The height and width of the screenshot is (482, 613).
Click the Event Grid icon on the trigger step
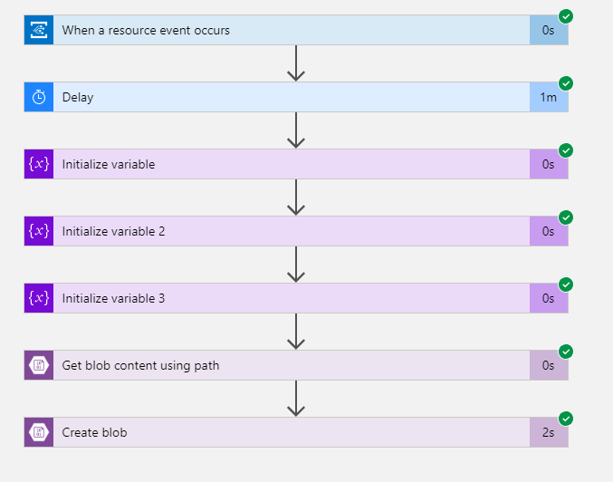pos(39,30)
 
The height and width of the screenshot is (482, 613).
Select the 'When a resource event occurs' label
pos(146,31)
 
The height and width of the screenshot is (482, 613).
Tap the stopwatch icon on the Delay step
pos(39,97)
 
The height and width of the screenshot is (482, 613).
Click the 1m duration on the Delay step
pos(548,97)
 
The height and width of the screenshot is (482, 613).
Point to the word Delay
pos(78,98)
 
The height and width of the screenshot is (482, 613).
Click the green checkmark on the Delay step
pos(566,83)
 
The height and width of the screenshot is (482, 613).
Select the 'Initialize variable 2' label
pos(113,231)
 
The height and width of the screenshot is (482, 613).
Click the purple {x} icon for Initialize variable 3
pos(39,298)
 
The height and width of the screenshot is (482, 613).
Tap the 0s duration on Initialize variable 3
pos(548,298)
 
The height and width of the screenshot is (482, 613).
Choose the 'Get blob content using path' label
pos(140,365)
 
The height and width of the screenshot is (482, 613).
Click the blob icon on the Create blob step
pos(39,432)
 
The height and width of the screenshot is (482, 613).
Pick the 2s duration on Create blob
pos(548,432)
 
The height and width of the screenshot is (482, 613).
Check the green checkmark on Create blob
pos(566,419)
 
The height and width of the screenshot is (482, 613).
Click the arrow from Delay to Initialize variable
pos(296,130)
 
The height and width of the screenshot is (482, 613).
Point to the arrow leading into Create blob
pos(296,399)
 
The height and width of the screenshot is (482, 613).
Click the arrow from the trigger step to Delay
pos(296,63)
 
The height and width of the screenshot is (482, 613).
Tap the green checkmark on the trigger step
pos(566,16)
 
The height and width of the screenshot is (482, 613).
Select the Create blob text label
pos(94,432)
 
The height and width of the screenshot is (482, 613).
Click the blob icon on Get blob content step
pos(39,365)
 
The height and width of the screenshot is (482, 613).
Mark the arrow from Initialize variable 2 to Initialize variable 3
pos(296,265)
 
